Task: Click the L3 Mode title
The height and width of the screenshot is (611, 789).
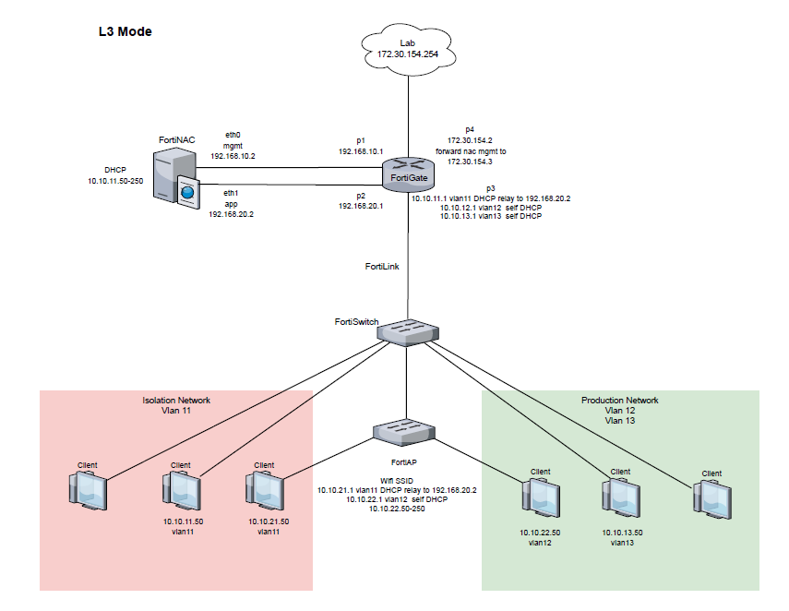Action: [x=125, y=31]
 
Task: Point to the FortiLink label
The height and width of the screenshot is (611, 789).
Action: [x=382, y=265]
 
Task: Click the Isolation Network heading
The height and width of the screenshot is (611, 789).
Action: [x=175, y=401]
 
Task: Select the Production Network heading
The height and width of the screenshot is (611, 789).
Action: [x=620, y=401]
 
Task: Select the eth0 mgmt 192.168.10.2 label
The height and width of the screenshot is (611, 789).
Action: [x=233, y=145]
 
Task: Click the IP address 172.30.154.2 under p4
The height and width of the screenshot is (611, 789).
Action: [x=471, y=139]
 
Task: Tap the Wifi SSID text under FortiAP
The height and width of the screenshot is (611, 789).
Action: [x=398, y=480]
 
